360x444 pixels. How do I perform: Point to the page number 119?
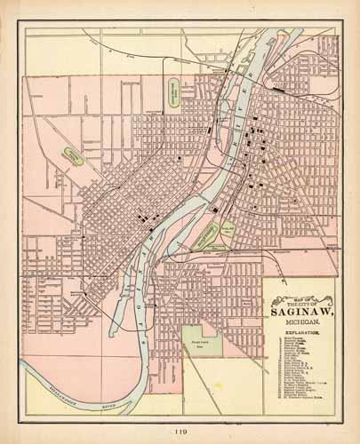pyautogui.click(x=180, y=432)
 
